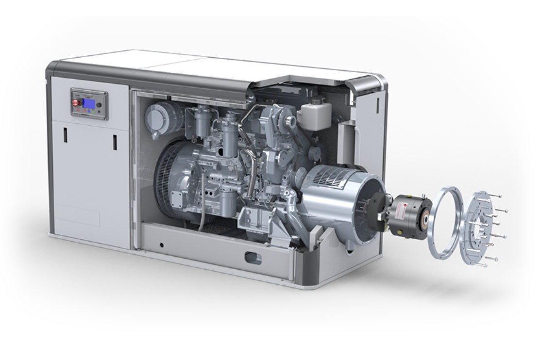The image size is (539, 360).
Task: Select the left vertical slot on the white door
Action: click(x=65, y=135)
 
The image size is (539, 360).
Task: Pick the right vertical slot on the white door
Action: click(x=115, y=142)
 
